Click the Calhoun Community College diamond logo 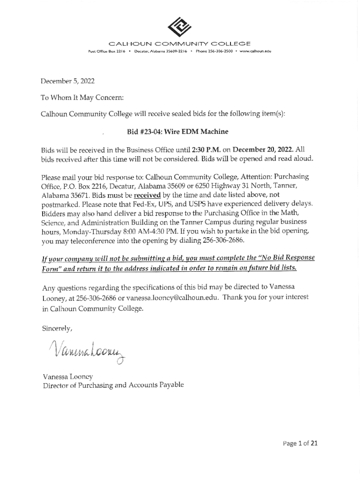[180, 27]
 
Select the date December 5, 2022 [67, 81]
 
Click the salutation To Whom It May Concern [82, 98]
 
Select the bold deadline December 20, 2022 [263, 150]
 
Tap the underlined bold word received [147, 195]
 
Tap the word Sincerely [57, 328]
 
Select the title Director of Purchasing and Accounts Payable [113, 385]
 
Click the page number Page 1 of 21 [300, 443]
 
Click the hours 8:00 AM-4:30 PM [137, 232]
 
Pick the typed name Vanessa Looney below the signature [68, 377]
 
